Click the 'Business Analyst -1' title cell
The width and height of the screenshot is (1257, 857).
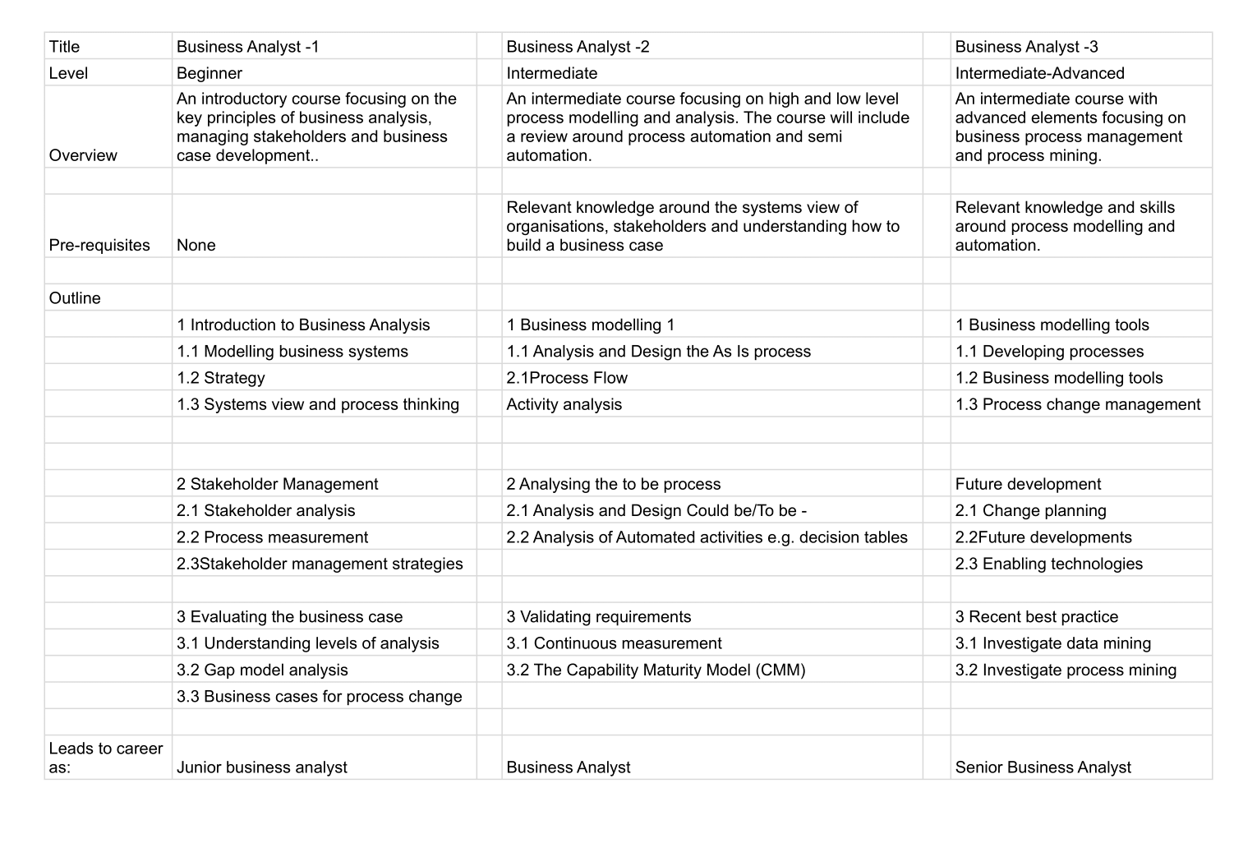coord(248,47)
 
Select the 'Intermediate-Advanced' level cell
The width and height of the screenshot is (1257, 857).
coord(1039,73)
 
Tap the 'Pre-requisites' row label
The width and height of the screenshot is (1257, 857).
coord(99,245)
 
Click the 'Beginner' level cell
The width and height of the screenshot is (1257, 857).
coord(209,73)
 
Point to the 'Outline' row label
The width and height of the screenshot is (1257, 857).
coord(75,298)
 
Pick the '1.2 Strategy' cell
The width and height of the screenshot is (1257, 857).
coord(221,378)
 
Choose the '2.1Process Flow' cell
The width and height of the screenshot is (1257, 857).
coord(567,378)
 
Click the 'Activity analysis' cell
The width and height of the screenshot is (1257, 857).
coord(564,404)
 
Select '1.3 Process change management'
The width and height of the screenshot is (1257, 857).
coord(1077,404)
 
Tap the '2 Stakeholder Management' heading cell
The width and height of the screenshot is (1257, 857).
coord(278,484)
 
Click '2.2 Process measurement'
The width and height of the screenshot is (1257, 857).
coord(272,537)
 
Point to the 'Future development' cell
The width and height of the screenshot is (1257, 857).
coord(1028,484)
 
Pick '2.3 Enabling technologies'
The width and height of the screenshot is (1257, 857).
coord(1048,564)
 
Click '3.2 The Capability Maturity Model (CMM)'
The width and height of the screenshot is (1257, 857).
coord(656,670)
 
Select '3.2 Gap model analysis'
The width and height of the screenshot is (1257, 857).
coord(262,670)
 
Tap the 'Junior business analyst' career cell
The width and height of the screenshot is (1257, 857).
coord(262,767)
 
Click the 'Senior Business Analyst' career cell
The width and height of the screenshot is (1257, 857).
coord(1043,767)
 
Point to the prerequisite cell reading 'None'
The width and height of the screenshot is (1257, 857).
coord(196,245)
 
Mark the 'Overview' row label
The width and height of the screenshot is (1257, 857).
coord(83,155)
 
